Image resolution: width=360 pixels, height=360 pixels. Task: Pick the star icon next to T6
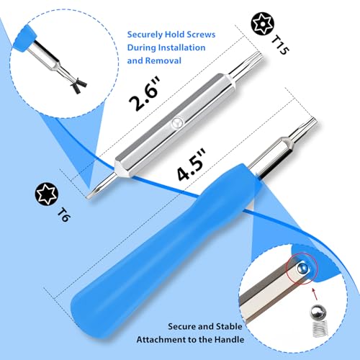click(46, 195)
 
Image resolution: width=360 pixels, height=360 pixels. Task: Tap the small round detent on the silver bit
click(175, 125)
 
